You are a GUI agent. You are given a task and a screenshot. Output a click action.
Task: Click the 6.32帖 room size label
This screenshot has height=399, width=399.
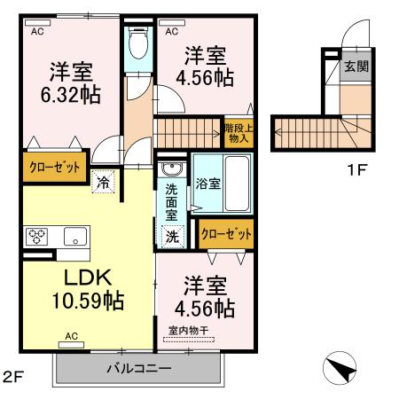click(68, 93)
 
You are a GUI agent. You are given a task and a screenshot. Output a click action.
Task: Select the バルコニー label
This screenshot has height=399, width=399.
click(138, 367)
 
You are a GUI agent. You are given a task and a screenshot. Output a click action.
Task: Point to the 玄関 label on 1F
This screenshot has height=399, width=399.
click(356, 66)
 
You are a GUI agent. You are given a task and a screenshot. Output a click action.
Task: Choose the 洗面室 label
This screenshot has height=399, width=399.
click(172, 200)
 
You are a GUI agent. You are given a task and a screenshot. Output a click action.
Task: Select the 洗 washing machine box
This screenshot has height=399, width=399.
click(173, 237)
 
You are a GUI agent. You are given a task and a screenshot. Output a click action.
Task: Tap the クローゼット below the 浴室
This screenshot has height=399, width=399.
click(226, 234)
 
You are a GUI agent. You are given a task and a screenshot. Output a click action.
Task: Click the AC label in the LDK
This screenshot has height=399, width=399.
click(72, 337)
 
